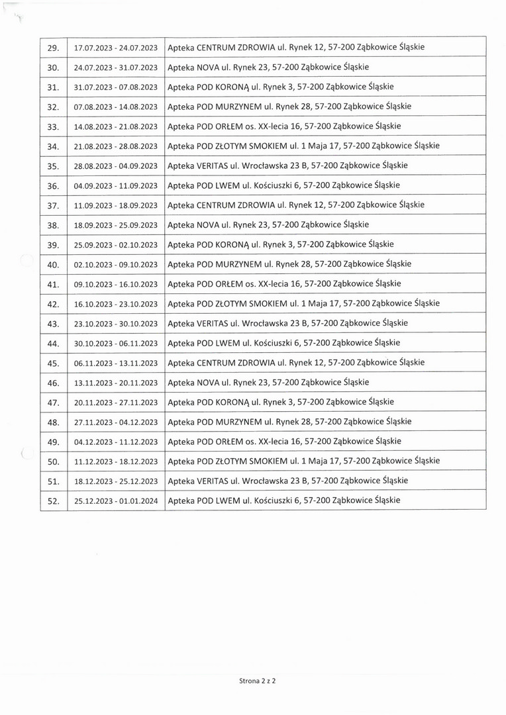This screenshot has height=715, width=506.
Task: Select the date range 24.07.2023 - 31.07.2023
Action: pyautogui.click(x=116, y=68)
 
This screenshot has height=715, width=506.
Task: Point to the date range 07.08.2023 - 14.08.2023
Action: pyautogui.click(x=116, y=107)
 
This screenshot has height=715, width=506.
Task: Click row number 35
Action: pyautogui.click(x=54, y=166)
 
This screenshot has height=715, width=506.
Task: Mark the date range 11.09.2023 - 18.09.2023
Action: pyautogui.click(x=116, y=205)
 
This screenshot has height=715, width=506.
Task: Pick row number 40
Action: pyautogui.click(x=54, y=265)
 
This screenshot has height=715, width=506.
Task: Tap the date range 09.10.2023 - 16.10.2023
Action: pyautogui.click(x=116, y=285)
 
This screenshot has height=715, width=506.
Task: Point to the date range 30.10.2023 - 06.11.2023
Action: pyautogui.click(x=116, y=344)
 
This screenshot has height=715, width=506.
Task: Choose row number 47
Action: pyautogui.click(x=54, y=403)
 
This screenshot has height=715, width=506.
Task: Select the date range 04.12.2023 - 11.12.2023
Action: pyautogui.click(x=116, y=442)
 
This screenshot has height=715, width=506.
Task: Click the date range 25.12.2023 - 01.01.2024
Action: pyautogui.click(x=116, y=501)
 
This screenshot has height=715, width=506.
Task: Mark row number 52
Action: pyautogui.click(x=54, y=501)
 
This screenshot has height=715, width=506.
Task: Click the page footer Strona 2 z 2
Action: pyautogui.click(x=257, y=680)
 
